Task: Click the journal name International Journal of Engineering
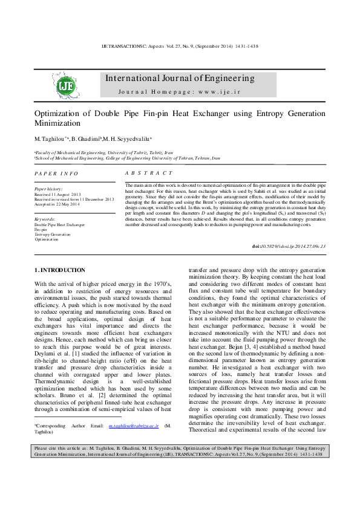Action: tap(180, 79)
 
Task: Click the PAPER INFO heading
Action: tap(56, 173)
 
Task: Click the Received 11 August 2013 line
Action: tap(57, 194)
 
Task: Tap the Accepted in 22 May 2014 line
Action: tap(57, 204)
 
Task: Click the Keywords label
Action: tap(45, 219)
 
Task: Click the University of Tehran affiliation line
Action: tap(127, 158)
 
